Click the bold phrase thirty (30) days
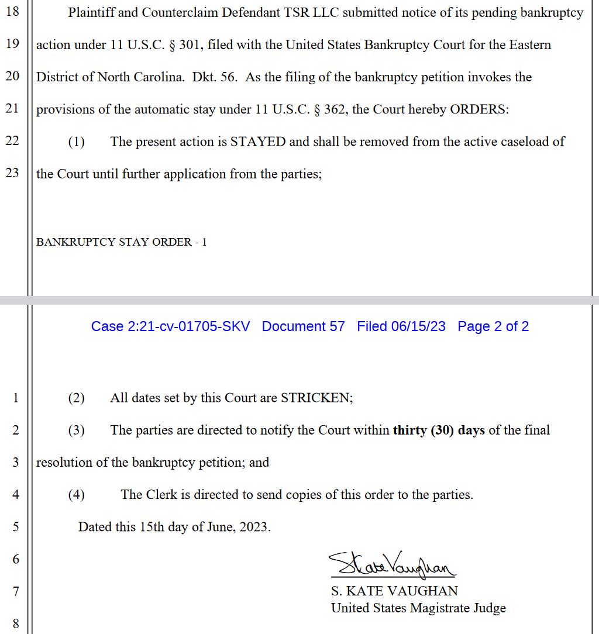(x=439, y=430)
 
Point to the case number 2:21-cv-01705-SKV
(x=170, y=326)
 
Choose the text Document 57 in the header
(x=303, y=326)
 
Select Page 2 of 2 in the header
(x=493, y=326)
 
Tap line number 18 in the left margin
(x=12, y=12)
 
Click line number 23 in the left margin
(x=12, y=173)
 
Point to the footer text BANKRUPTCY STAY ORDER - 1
(x=121, y=242)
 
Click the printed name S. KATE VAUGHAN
(x=394, y=591)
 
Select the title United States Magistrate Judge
(x=418, y=608)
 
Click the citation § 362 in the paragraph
(x=329, y=109)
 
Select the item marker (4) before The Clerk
(x=77, y=495)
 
